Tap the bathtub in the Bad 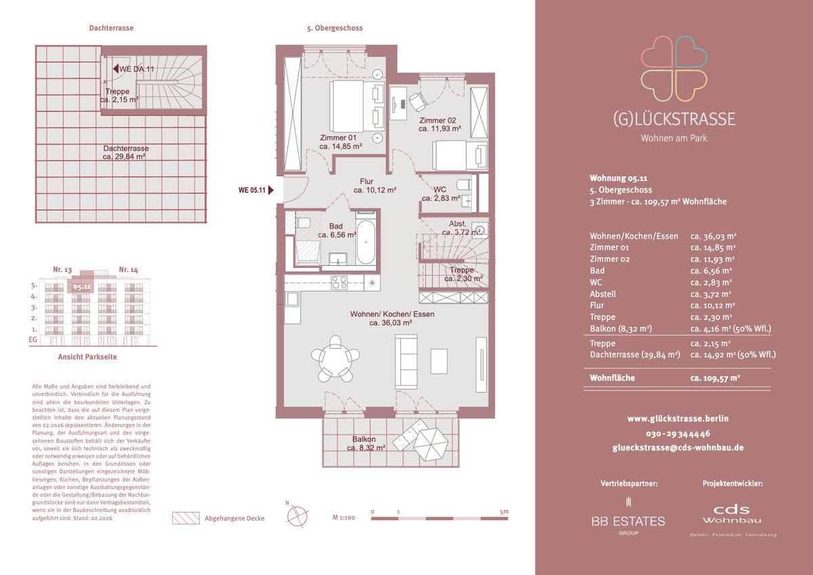(365, 242)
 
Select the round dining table (335, 358)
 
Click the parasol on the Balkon (431, 444)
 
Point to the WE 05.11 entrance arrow (271, 190)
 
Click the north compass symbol (297, 516)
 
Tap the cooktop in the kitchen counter (339, 282)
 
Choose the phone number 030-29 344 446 (678, 433)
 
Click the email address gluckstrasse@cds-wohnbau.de (678, 448)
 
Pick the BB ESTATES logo (628, 517)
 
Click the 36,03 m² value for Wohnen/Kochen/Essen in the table (713, 236)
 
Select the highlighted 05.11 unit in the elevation (82, 287)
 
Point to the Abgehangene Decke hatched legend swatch (186, 518)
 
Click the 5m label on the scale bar (504, 511)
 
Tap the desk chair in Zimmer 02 (418, 102)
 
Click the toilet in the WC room (464, 184)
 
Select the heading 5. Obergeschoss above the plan (335, 28)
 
